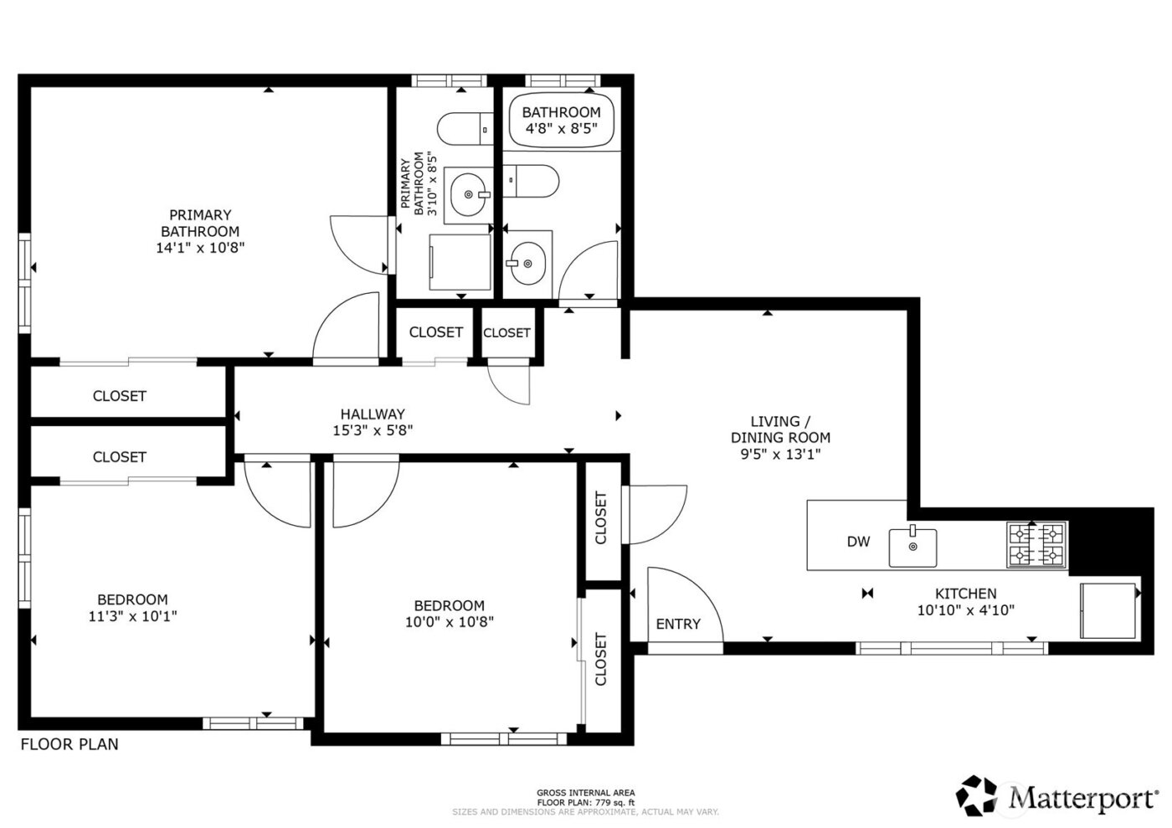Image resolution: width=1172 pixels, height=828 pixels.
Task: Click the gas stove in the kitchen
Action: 1036,544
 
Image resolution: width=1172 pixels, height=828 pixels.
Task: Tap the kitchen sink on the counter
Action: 912,547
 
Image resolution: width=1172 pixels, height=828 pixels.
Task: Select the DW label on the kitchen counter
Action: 858,542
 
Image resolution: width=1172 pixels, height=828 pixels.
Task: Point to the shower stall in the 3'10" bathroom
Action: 459,262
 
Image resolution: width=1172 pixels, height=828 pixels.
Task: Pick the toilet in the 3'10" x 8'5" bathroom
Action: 464,128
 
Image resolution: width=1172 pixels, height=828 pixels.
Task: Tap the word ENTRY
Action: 678,624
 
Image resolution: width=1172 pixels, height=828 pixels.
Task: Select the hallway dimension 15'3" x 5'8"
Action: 373,430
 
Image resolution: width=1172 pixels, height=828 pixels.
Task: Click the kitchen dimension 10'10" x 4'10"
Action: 965,610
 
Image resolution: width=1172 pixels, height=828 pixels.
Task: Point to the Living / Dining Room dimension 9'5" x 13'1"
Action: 780,455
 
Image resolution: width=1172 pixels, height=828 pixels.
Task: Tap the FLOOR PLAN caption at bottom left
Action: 69,744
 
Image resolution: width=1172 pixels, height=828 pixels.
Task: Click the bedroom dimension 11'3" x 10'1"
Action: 132,616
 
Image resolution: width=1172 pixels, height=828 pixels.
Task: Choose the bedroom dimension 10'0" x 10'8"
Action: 449,622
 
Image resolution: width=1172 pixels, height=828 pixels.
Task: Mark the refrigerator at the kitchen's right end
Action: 1107,609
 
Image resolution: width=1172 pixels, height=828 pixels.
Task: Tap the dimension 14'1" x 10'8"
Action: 200,248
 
